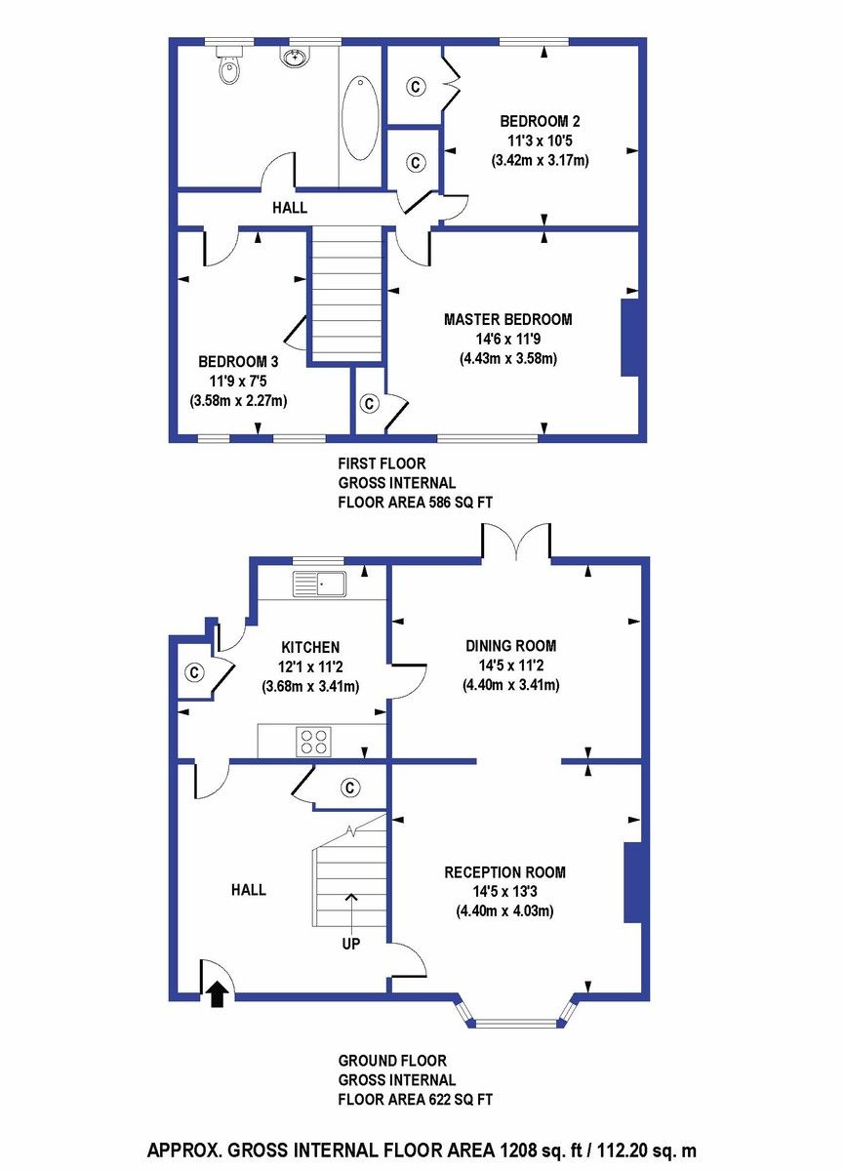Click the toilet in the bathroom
(x=228, y=65)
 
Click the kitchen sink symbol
(x=319, y=585)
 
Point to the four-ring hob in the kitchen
(x=313, y=742)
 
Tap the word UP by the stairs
(x=350, y=944)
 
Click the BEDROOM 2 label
(x=540, y=122)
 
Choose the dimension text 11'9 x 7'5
(x=237, y=381)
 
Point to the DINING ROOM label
(x=510, y=645)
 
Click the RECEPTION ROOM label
(x=504, y=872)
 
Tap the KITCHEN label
(x=310, y=647)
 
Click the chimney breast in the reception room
(x=632, y=882)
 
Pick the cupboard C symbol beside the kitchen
(x=194, y=672)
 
